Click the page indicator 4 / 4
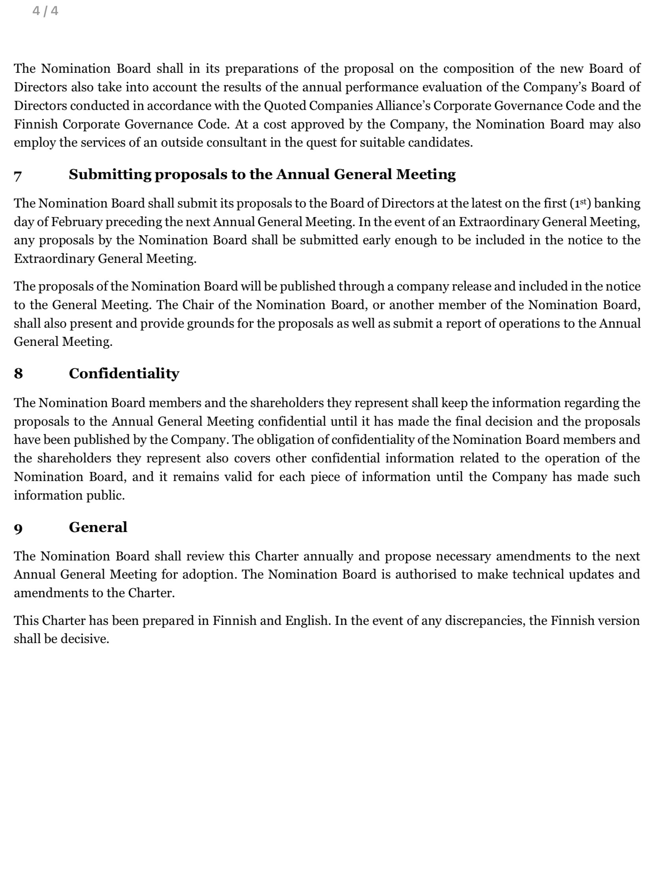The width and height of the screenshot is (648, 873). click(45, 11)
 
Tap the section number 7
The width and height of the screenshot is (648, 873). click(18, 175)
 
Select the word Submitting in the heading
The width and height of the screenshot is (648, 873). click(110, 175)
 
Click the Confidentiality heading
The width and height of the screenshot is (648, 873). click(124, 373)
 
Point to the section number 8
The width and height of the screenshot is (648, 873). click(18, 373)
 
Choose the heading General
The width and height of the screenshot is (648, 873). click(98, 527)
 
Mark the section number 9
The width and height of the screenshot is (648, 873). click(18, 528)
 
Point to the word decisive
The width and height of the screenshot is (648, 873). click(85, 639)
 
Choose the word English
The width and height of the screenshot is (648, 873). click(308, 621)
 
